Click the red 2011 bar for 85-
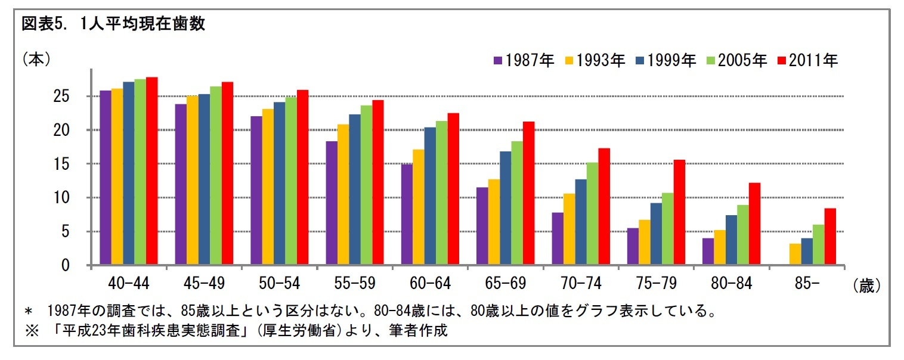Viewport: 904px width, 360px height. [830, 237]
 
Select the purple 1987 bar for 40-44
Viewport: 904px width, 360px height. [106, 178]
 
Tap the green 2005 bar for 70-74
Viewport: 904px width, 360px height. [592, 213]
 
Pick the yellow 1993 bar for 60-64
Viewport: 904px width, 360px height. [419, 207]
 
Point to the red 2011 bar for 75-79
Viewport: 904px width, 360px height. [679, 212]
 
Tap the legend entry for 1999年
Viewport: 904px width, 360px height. [665, 60]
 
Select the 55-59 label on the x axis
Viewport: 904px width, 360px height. [354, 283]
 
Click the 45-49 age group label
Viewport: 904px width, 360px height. [204, 283]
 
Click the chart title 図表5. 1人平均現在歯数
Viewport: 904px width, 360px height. [113, 24]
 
